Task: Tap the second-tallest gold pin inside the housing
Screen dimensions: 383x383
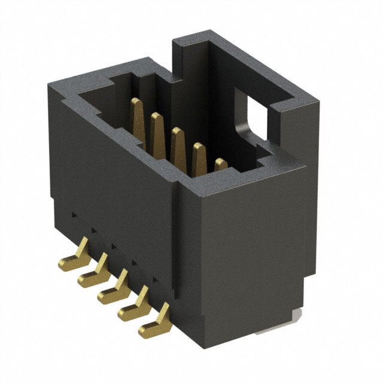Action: pos(157,135)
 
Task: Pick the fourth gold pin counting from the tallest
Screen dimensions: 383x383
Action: pos(199,160)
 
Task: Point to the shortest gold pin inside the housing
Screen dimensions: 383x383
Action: pos(220,165)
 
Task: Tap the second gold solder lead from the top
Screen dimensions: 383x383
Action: pos(93,272)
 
